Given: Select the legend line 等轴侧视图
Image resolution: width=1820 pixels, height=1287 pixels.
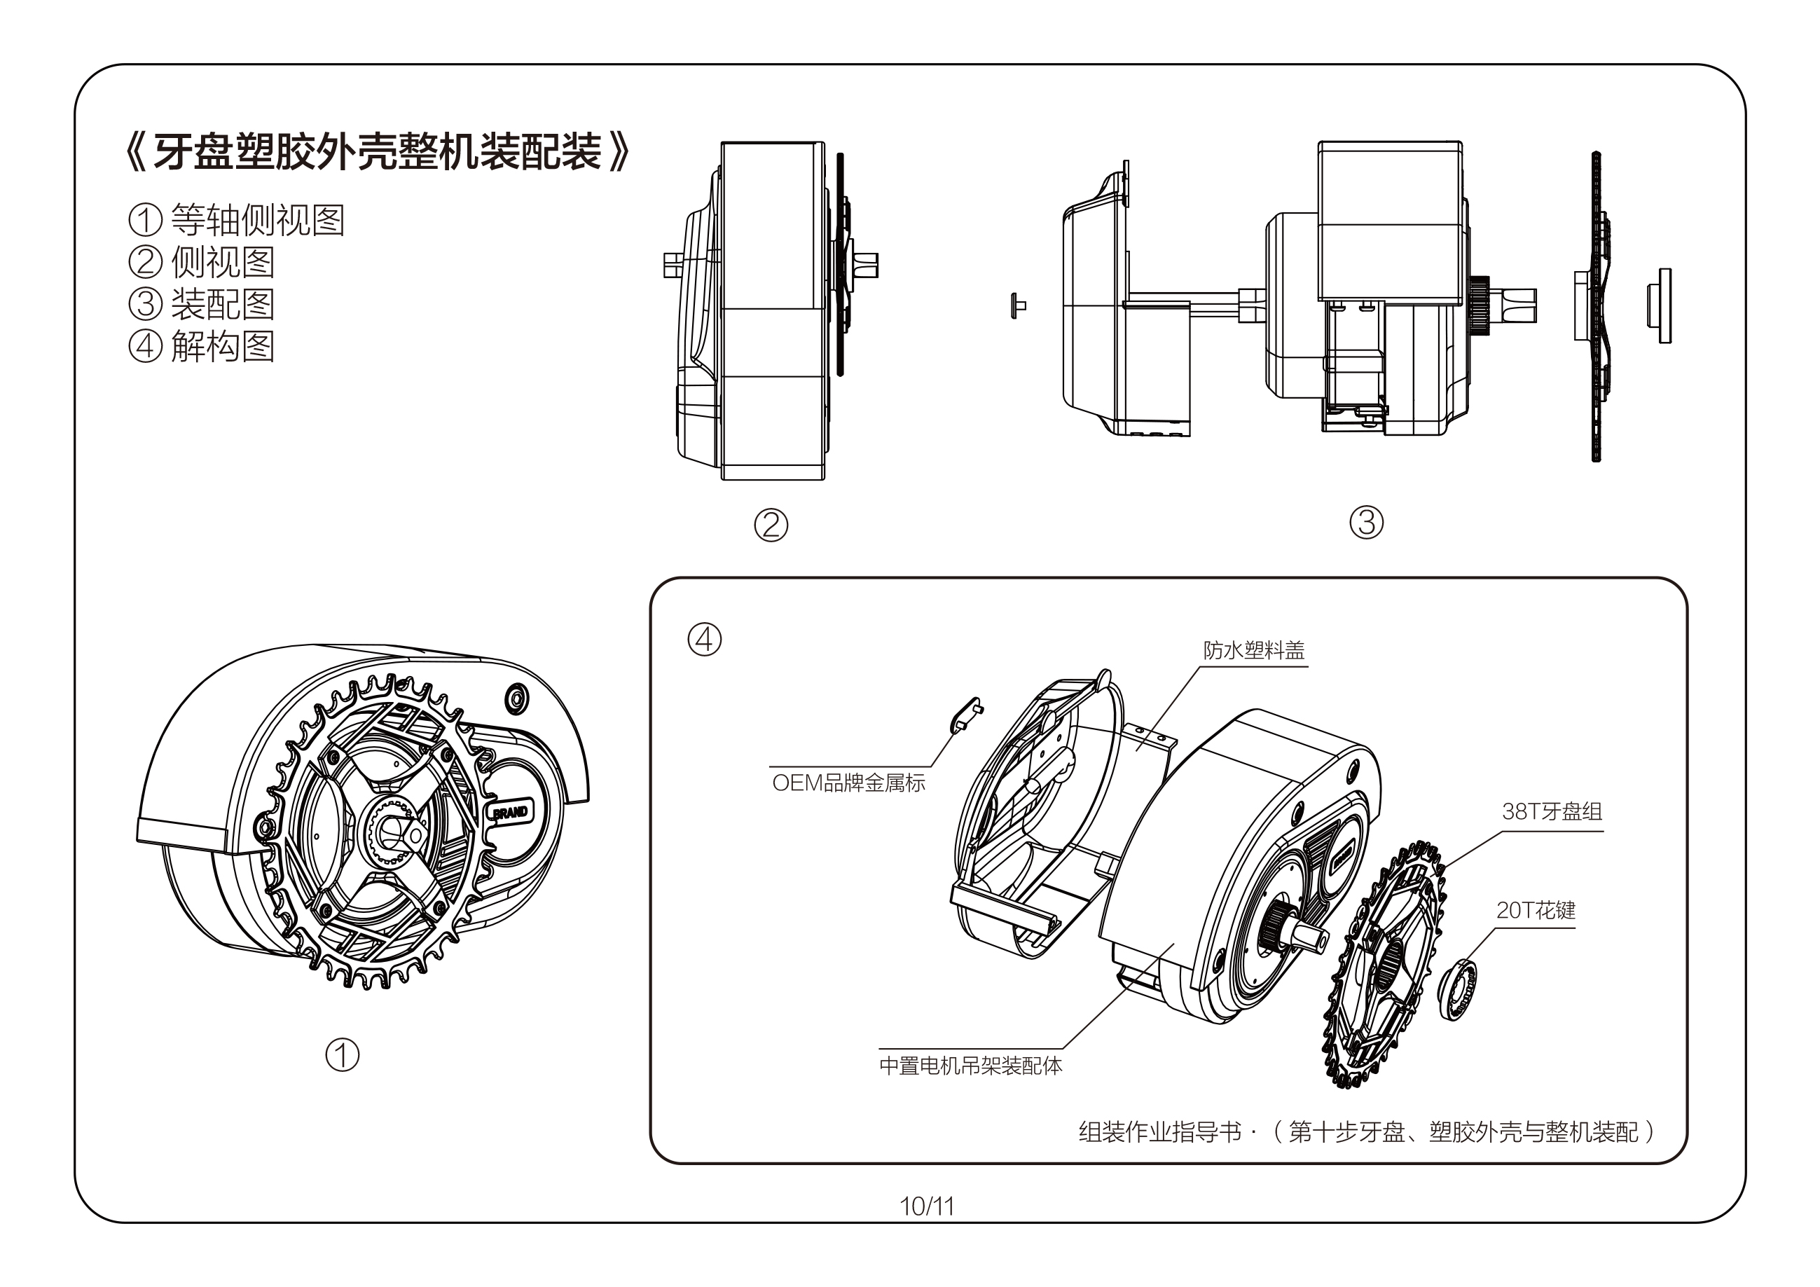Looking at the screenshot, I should [x=236, y=220].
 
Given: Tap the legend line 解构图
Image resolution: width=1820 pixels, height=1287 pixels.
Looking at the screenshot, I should [x=202, y=347].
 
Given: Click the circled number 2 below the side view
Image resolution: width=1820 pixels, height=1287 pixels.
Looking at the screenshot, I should [x=771, y=525].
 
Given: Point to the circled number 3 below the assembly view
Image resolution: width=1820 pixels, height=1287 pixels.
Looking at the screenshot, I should [x=1366, y=523].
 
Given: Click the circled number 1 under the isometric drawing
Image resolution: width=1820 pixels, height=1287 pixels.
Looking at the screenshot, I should [x=343, y=1055].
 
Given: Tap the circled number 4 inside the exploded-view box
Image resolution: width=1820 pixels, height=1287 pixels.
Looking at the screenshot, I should [x=704, y=639].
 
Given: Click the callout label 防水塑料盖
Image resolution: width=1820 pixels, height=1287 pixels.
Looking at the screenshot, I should [x=1253, y=651].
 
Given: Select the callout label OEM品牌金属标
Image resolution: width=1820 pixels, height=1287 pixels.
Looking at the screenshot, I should [x=848, y=783].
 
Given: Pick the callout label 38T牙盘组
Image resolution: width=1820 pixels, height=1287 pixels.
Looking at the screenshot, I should [x=1551, y=811].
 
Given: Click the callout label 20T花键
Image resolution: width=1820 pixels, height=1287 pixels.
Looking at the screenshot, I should [x=1536, y=910].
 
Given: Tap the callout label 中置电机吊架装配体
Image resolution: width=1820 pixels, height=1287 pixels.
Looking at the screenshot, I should [x=970, y=1066].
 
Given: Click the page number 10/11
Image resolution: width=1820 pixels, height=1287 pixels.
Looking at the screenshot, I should [x=926, y=1206].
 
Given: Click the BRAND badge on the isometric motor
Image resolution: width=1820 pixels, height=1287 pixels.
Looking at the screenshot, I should [x=511, y=813].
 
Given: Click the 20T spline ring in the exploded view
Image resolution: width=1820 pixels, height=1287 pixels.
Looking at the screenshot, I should [x=1457, y=990].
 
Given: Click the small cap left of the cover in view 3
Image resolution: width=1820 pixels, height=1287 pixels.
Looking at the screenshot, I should [x=1017, y=305].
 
